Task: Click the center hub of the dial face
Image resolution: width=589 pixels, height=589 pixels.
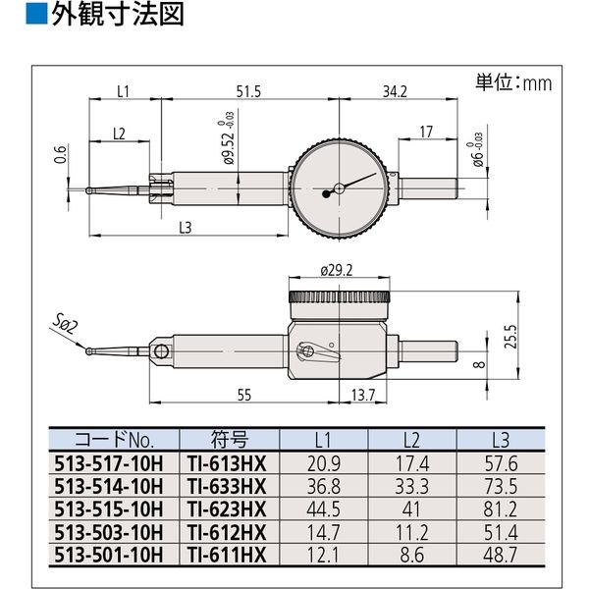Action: pos(339,187)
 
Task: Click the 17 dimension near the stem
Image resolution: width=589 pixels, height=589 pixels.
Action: pos(425,131)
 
